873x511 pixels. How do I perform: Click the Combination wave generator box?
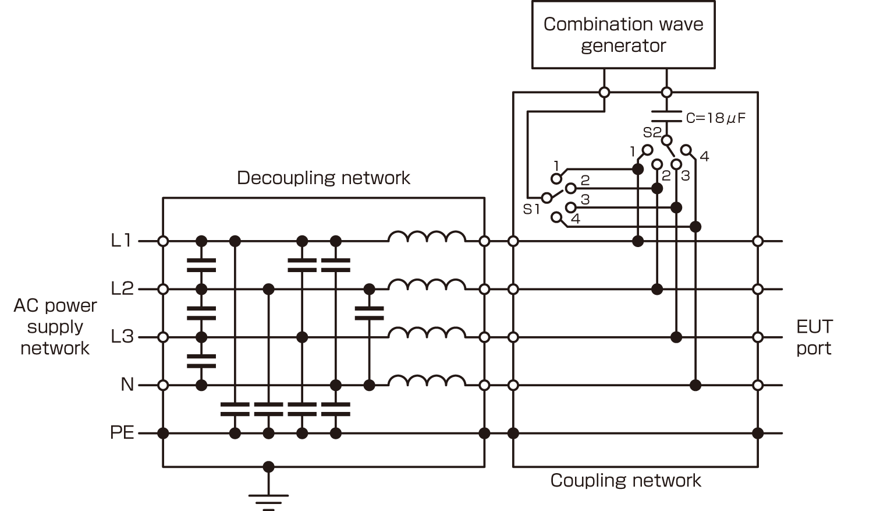(x=623, y=35)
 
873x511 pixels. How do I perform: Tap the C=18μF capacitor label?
(x=715, y=118)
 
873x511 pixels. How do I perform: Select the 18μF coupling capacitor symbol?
(x=666, y=117)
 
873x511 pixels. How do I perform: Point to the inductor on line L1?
(x=427, y=237)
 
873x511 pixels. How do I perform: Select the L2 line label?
(x=122, y=288)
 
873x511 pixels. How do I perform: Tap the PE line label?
(x=122, y=433)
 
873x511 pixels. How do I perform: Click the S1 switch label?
(x=531, y=210)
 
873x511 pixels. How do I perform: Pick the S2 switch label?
(x=651, y=132)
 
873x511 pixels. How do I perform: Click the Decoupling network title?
(x=323, y=178)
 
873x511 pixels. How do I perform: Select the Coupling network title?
(x=626, y=481)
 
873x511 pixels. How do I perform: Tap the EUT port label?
(x=814, y=337)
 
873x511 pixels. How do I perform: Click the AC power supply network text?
(x=55, y=327)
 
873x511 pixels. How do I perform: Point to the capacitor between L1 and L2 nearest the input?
(x=201, y=265)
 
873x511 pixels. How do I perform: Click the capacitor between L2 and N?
(x=369, y=313)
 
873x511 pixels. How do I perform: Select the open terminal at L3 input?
(x=163, y=337)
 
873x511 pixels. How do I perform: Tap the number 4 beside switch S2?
(x=704, y=156)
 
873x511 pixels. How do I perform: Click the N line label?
(x=127, y=385)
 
